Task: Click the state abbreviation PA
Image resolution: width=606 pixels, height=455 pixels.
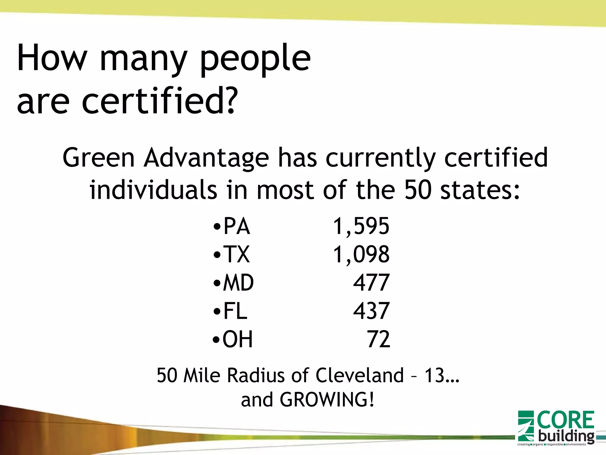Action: pyautogui.click(x=236, y=226)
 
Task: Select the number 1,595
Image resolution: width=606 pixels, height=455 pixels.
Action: pyautogui.click(x=361, y=226)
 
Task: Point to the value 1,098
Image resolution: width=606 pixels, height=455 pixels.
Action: pyautogui.click(x=361, y=254)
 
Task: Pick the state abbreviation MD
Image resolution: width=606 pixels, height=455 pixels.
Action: pyautogui.click(x=238, y=283)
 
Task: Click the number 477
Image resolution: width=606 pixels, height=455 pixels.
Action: pyautogui.click(x=371, y=283)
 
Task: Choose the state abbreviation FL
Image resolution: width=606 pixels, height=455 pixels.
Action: pyautogui.click(x=235, y=311)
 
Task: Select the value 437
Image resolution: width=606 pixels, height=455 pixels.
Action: pyautogui.click(x=371, y=311)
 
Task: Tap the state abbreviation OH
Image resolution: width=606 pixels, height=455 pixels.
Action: pyautogui.click(x=238, y=339)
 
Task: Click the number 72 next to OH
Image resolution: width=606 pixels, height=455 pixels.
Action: pyautogui.click(x=378, y=339)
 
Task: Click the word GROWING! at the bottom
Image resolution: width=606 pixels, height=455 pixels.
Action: pyautogui.click(x=327, y=400)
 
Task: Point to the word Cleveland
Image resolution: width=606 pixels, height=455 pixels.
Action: pyautogui.click(x=360, y=375)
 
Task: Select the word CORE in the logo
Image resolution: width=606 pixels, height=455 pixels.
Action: pyautogui.click(x=565, y=420)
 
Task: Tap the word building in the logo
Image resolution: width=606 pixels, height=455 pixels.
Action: pyautogui.click(x=566, y=436)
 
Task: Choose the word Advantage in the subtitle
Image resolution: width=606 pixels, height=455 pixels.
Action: pyautogui.click(x=206, y=158)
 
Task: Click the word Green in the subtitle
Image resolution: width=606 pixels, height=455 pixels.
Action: pyautogui.click(x=99, y=158)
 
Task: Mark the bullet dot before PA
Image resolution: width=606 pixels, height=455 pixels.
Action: pyautogui.click(x=217, y=227)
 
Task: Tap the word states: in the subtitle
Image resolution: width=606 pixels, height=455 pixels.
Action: pyautogui.click(x=480, y=190)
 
